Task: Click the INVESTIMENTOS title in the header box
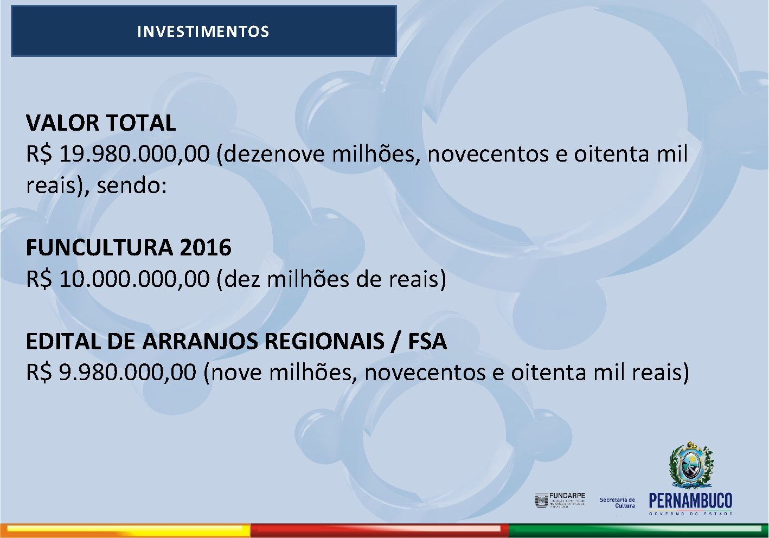pos(203,31)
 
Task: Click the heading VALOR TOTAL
pos(101,123)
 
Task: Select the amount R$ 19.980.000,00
pos(118,155)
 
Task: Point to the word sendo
pos(131,186)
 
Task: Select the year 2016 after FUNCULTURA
pos(206,248)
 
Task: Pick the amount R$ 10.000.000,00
pos(118,279)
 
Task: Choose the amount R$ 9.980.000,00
pos(111,373)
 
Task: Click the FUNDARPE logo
pos(560,499)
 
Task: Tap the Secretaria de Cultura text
pos(617,503)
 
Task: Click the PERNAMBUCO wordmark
pos(690,501)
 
